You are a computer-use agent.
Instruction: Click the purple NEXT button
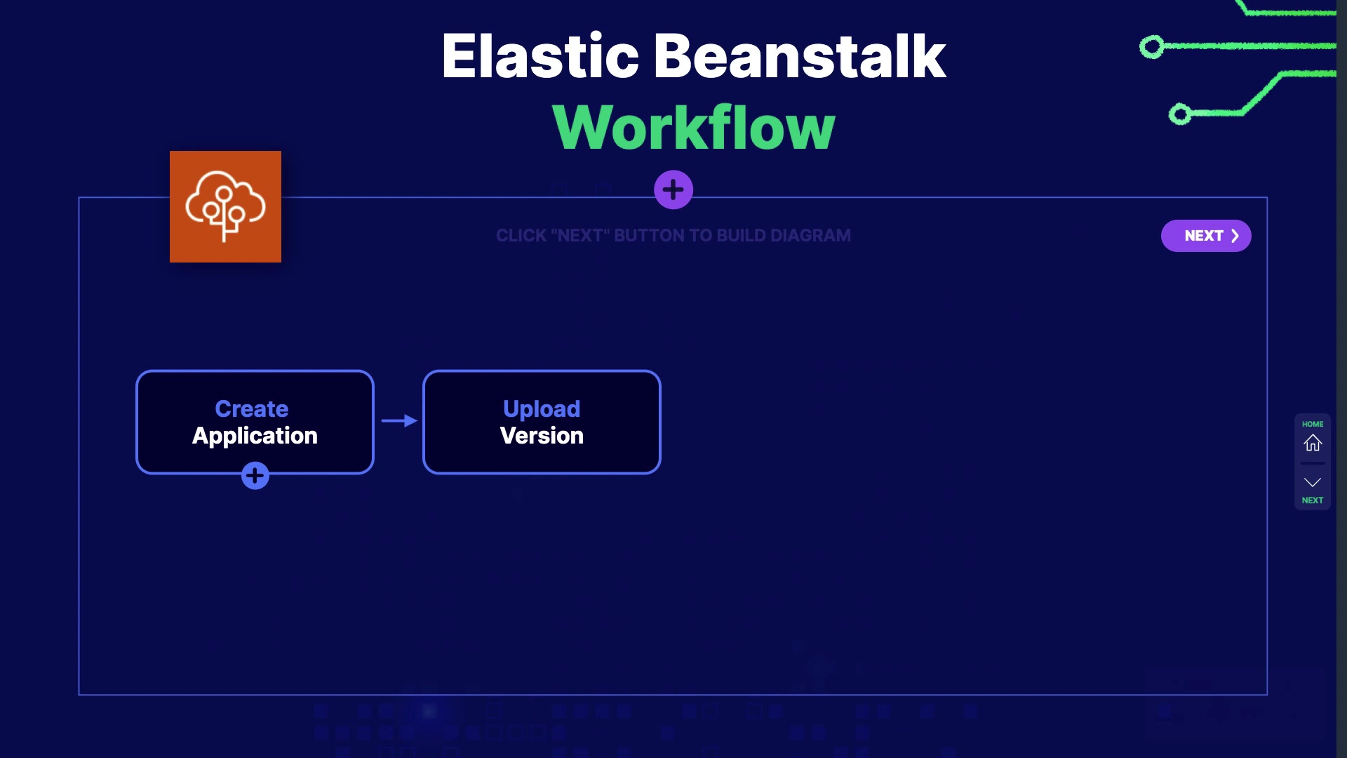(1206, 236)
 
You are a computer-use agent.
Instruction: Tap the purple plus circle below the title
(673, 189)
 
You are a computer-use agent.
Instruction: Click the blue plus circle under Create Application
(255, 476)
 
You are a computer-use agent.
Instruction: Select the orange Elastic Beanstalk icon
(225, 206)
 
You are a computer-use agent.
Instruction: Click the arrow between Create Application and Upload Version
(399, 420)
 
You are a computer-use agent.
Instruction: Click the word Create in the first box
(252, 408)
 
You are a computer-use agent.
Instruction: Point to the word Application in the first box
(255, 436)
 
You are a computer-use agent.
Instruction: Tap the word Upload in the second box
(542, 408)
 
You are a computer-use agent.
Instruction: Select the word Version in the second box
(542, 436)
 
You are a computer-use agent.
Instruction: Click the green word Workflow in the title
(694, 127)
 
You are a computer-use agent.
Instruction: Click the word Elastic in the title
(540, 56)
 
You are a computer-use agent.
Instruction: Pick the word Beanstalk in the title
(800, 56)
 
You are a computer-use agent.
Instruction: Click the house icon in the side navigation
(1313, 443)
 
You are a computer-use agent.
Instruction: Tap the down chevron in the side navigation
(1313, 482)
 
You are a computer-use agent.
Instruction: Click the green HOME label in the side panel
(1313, 424)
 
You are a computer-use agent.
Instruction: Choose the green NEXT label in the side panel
(1313, 500)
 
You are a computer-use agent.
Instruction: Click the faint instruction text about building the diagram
(673, 236)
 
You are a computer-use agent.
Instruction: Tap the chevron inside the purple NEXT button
(1235, 236)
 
